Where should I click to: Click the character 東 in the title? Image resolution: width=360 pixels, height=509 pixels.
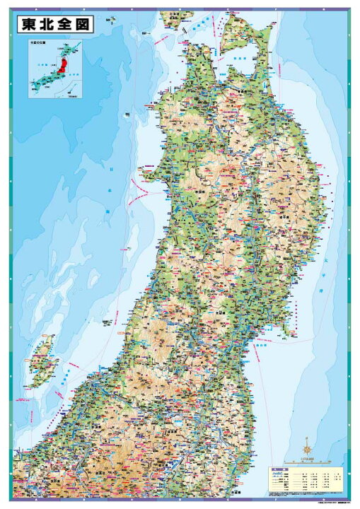click(30, 24)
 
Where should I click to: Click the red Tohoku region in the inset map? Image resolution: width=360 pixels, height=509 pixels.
click(62, 66)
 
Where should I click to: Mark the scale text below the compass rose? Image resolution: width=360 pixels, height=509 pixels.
click(307, 460)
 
